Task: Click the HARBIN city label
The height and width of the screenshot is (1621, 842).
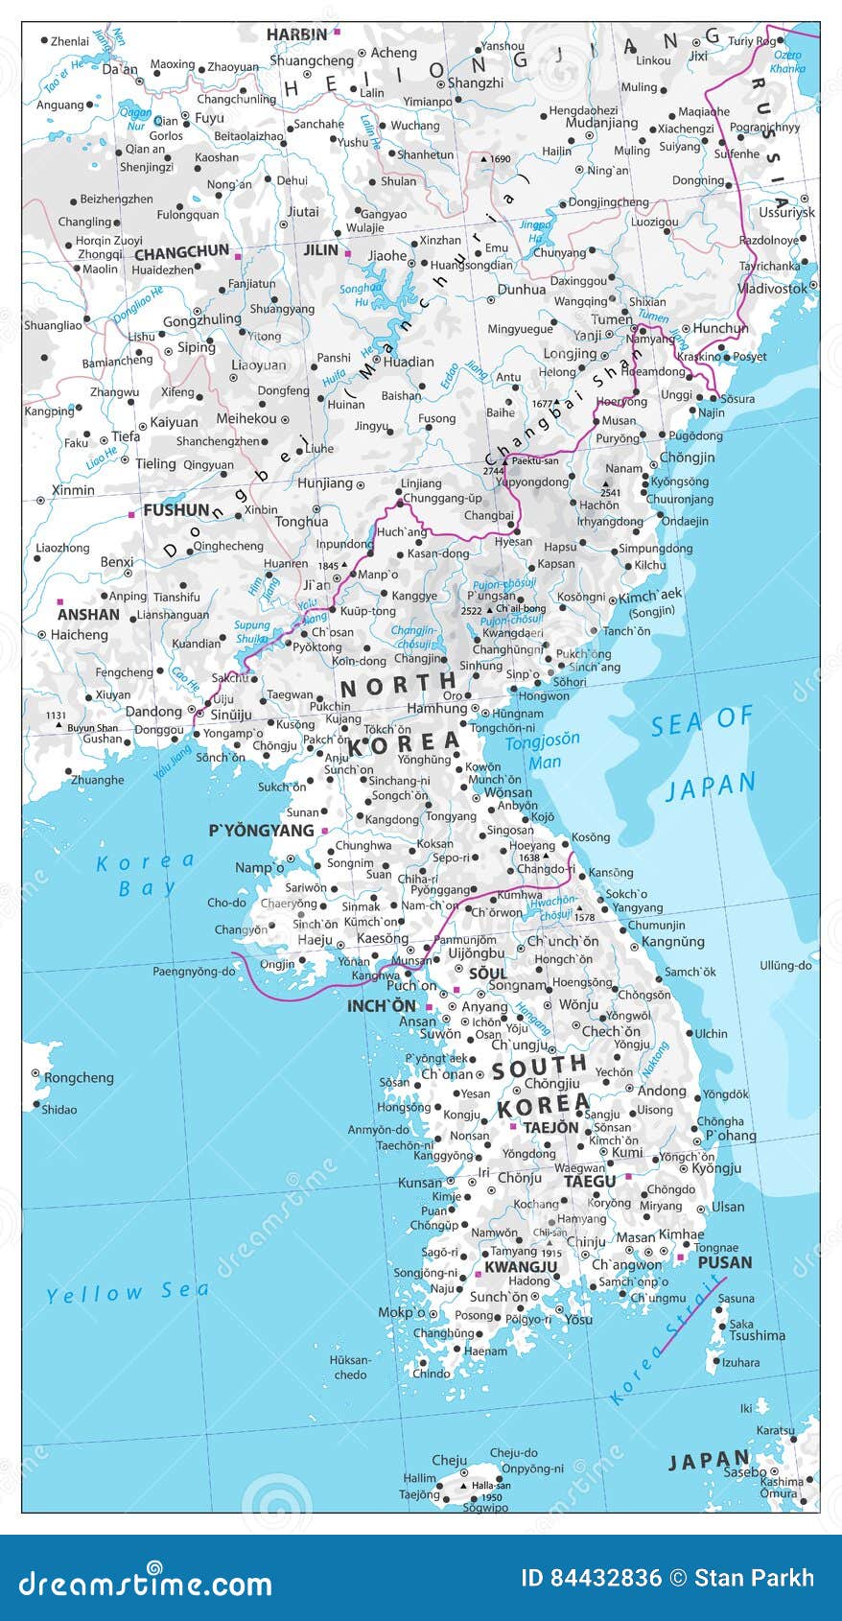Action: [296, 35]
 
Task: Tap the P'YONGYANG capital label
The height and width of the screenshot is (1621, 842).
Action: [262, 831]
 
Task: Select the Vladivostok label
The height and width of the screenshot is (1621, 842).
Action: [773, 288]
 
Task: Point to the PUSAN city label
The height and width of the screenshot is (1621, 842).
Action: [724, 1262]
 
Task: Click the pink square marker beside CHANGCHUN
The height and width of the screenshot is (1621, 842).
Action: [239, 256]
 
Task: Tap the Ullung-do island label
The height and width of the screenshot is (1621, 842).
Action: [785, 965]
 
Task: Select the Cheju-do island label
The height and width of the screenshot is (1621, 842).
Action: [513, 1453]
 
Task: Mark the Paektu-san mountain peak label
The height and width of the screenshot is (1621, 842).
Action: [534, 461]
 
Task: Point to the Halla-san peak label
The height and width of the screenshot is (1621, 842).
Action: [490, 1485]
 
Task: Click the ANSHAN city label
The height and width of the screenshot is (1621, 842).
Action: [88, 615]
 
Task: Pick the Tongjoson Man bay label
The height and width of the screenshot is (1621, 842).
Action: [543, 751]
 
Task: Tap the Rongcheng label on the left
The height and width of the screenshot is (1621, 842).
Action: [79, 1077]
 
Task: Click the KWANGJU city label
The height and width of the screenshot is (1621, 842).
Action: [521, 1267]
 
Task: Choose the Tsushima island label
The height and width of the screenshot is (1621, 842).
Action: [757, 1335]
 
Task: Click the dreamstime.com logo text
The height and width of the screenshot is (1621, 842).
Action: [144, 1583]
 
